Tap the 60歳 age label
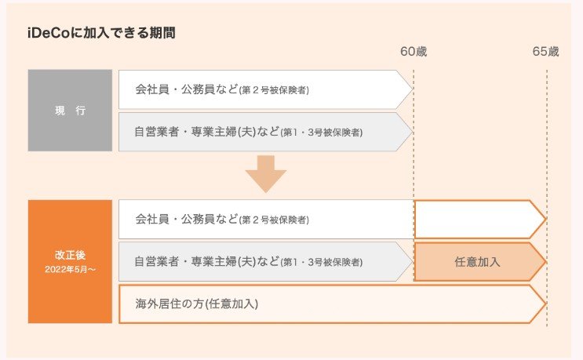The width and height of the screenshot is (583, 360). tap(414, 52)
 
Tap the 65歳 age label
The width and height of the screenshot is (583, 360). tap(546, 52)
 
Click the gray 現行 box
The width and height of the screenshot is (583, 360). tap(70, 110)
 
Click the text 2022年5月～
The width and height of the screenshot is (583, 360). tap(70, 270)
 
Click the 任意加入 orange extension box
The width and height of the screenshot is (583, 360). tap(477, 261)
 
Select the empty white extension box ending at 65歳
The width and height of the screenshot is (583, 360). tap(475, 219)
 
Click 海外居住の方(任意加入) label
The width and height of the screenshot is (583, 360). tap(196, 304)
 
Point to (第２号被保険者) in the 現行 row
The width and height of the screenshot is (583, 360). tap(274, 90)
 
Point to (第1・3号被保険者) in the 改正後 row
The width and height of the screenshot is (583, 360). tap(321, 262)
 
